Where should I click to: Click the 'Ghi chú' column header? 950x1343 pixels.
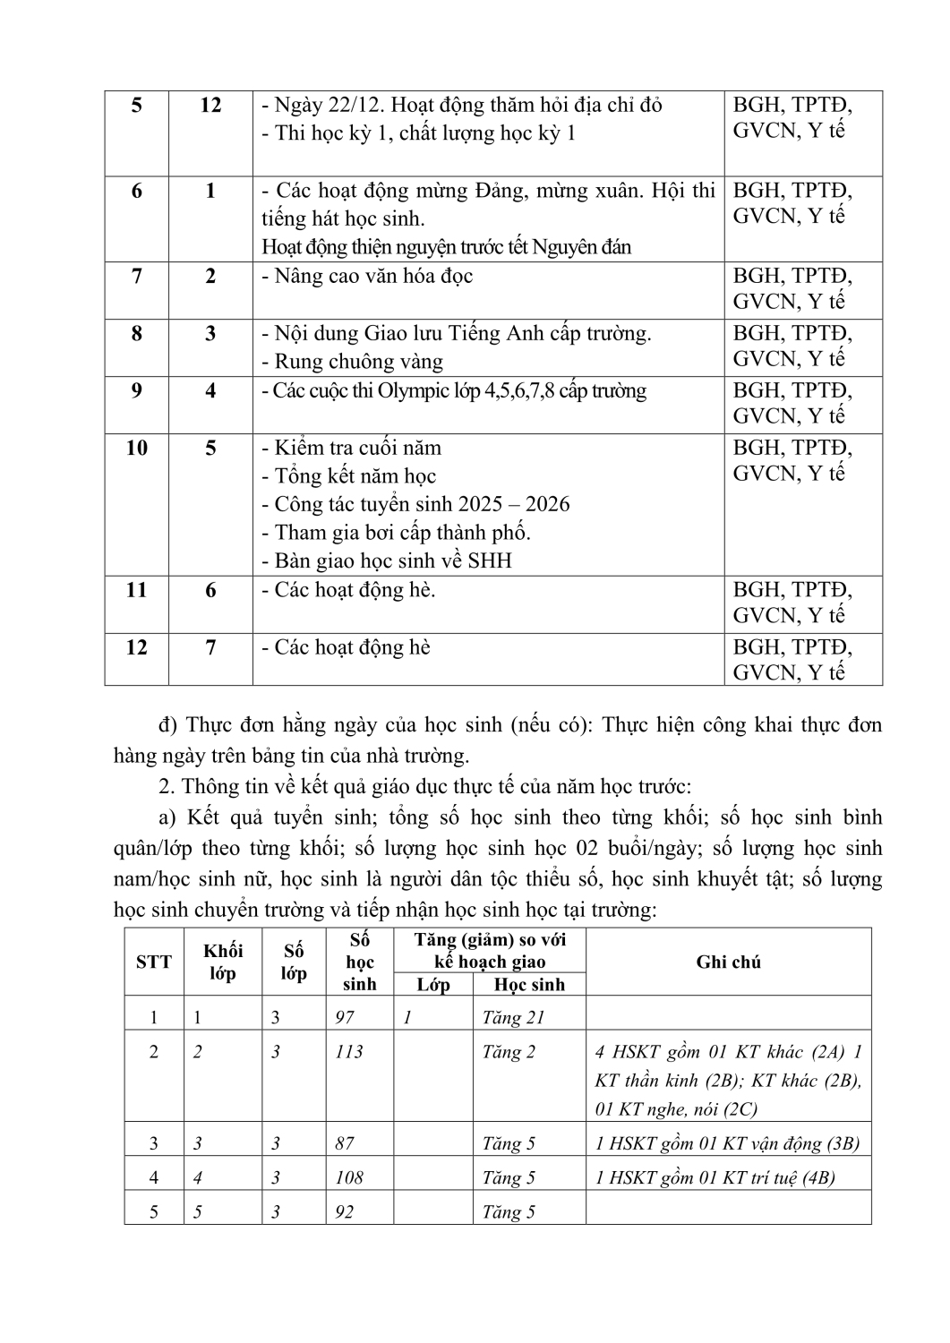(x=728, y=962)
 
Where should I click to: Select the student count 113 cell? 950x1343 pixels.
(x=349, y=1052)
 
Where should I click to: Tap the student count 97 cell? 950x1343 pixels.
(x=345, y=1017)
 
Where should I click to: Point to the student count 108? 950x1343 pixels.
(x=349, y=1177)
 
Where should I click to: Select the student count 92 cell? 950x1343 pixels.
(x=345, y=1212)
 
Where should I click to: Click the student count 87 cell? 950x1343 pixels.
(x=345, y=1143)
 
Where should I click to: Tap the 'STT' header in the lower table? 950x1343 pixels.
(x=154, y=962)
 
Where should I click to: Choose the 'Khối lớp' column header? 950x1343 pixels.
(x=223, y=962)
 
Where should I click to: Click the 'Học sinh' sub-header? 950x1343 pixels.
(x=529, y=985)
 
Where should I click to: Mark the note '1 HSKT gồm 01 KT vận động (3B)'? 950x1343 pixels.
(x=727, y=1143)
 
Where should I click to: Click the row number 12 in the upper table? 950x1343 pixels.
(x=136, y=647)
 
